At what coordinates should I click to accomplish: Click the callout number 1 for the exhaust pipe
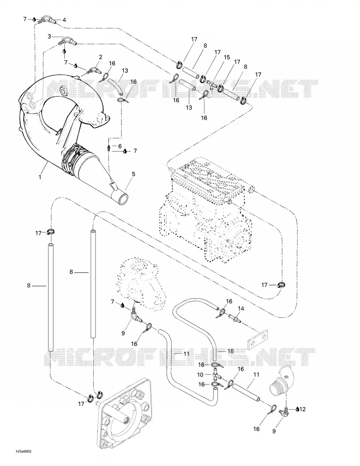pyautogui.click(x=40, y=177)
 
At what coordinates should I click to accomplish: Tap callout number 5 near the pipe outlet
pyautogui.click(x=133, y=174)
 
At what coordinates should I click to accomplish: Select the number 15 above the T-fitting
pyautogui.click(x=227, y=57)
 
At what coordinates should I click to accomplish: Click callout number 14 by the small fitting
pyautogui.click(x=241, y=309)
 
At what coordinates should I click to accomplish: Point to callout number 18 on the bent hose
pyautogui.click(x=231, y=351)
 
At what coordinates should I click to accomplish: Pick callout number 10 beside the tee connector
pyautogui.click(x=201, y=375)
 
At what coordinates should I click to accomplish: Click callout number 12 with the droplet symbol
pyautogui.click(x=302, y=409)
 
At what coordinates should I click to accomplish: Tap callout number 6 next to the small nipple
pyautogui.click(x=120, y=146)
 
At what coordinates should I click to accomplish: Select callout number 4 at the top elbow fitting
pyautogui.click(x=64, y=20)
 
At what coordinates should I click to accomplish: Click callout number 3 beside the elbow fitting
pyautogui.click(x=50, y=37)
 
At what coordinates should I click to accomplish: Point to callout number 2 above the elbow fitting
pyautogui.click(x=101, y=57)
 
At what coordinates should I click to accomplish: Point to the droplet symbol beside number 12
pyautogui.click(x=297, y=409)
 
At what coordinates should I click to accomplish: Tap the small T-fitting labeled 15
pyautogui.click(x=212, y=84)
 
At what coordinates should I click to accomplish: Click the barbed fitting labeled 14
pyautogui.click(x=235, y=319)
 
